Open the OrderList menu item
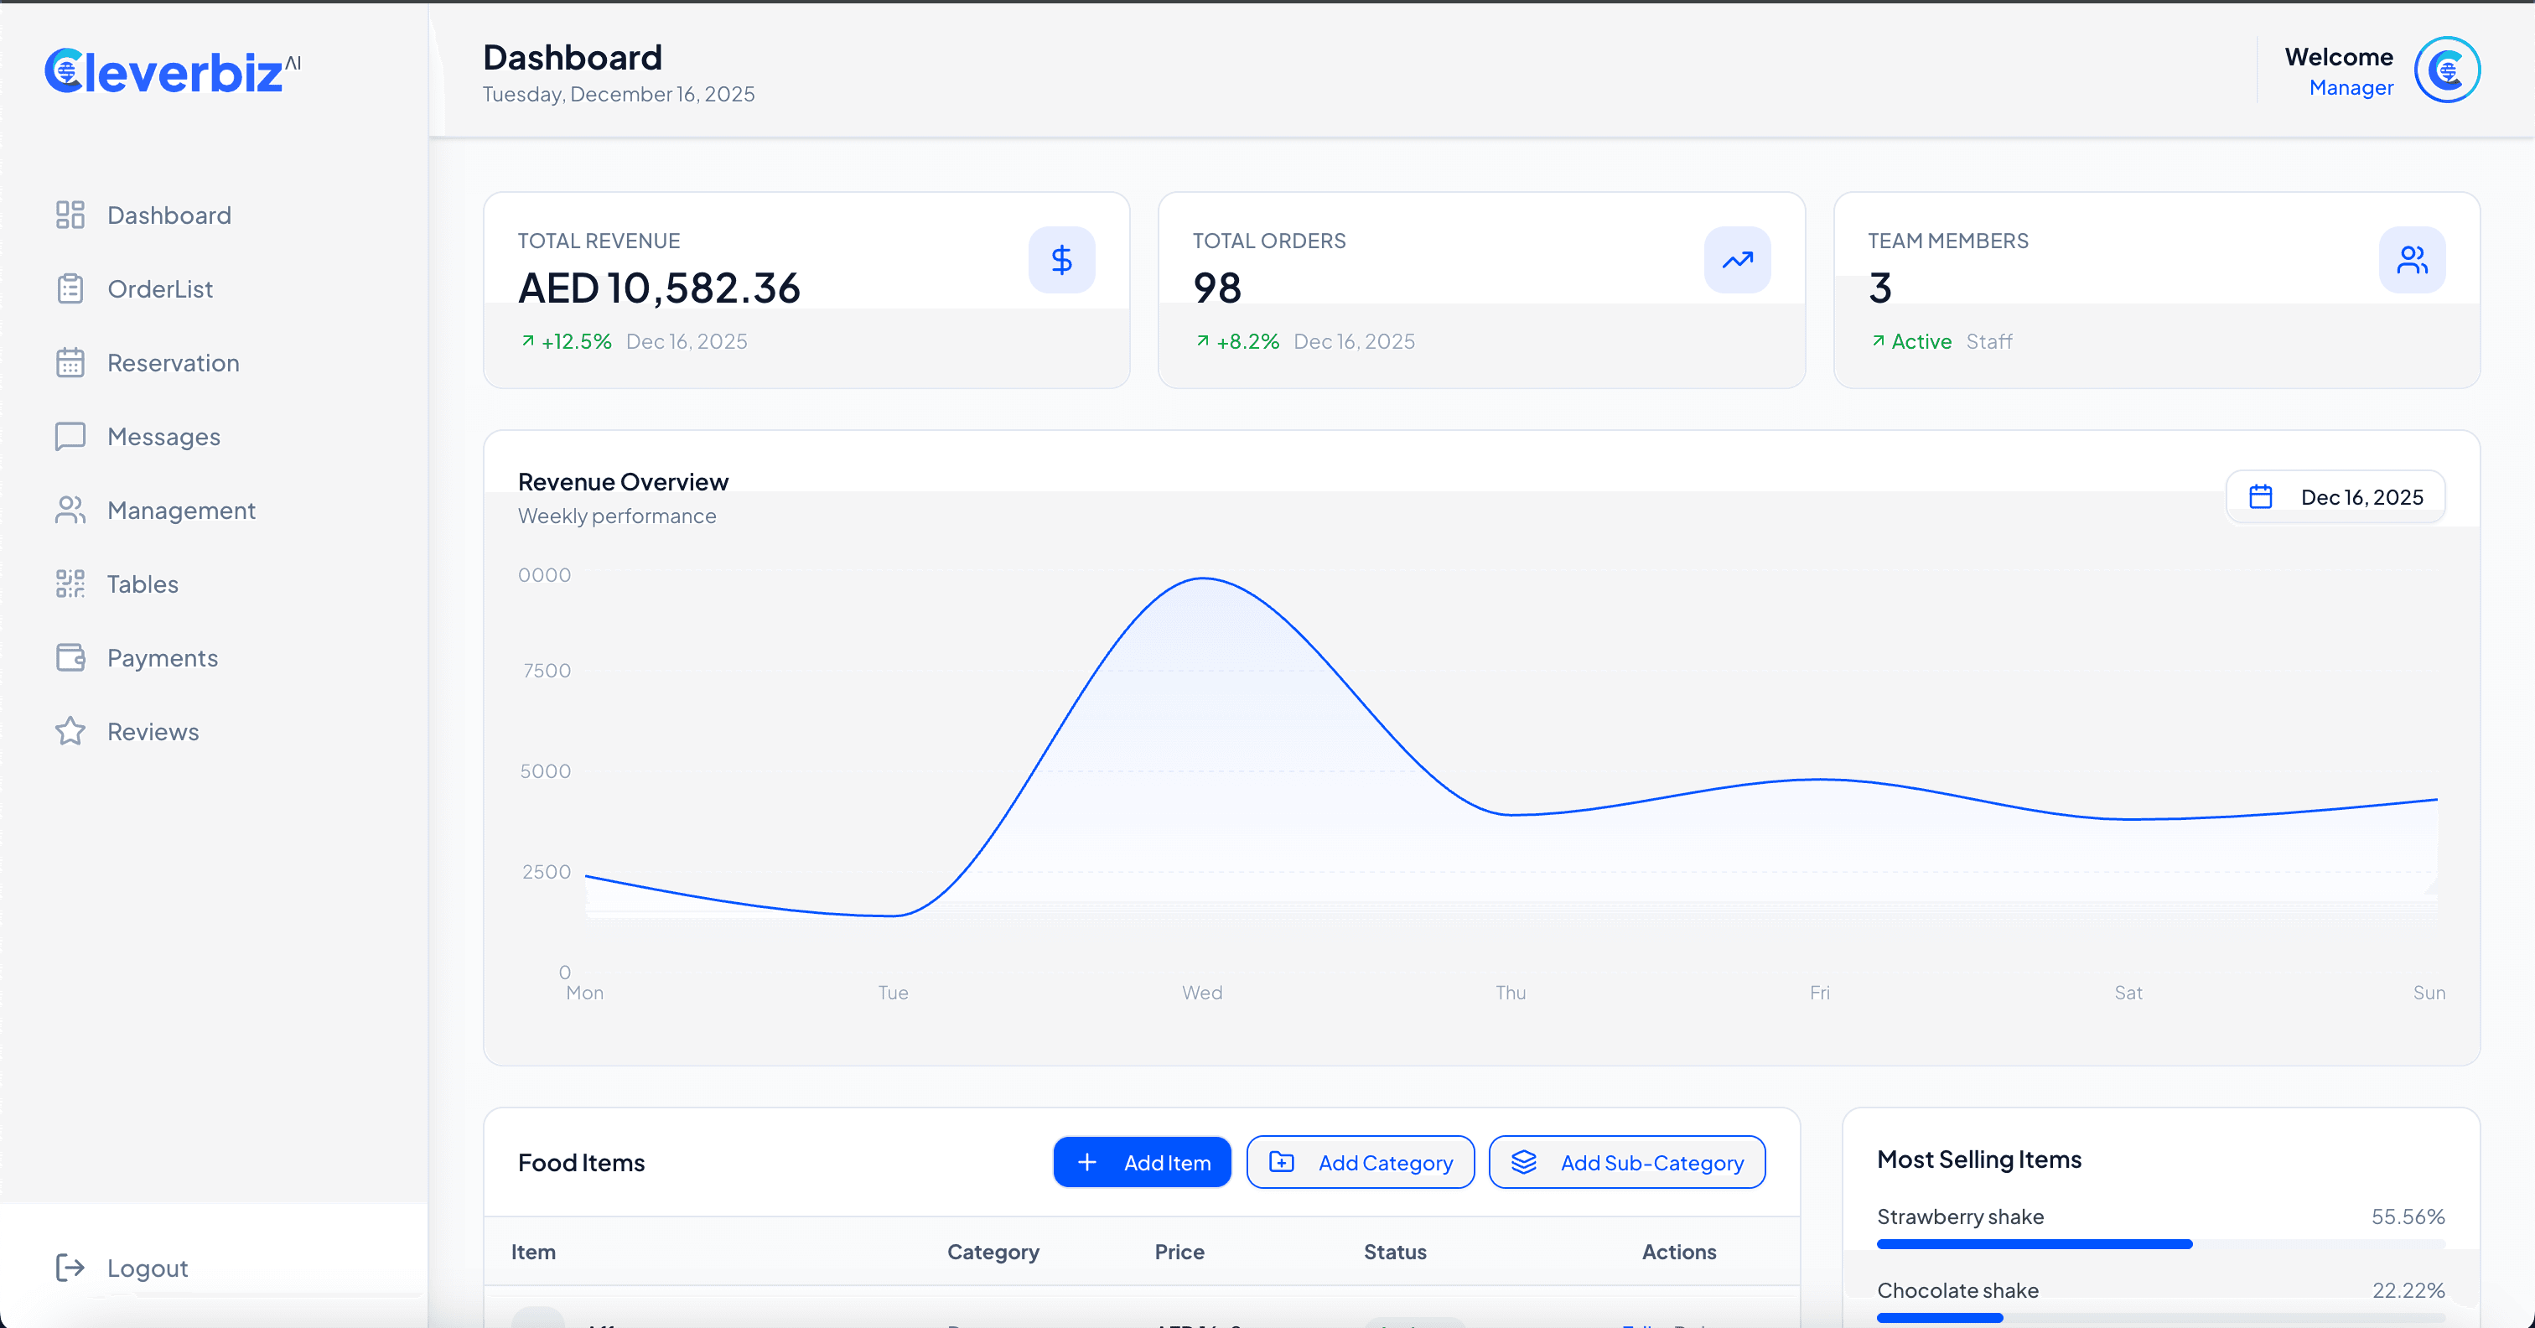coord(159,288)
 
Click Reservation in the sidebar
coord(172,362)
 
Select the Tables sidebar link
coord(142,584)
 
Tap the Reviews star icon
coord(70,731)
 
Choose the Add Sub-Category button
coord(1626,1163)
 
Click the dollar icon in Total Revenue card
coord(1060,260)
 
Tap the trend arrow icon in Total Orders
coord(1737,260)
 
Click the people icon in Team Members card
coord(2411,260)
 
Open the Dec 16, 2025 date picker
coord(2335,497)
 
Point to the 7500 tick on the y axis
coord(547,671)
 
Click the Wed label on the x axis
coord(1201,993)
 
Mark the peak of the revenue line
coord(1204,578)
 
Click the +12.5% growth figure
coord(576,341)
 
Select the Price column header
coord(1179,1253)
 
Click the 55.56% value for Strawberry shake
coord(2407,1216)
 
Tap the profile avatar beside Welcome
coord(2446,70)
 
